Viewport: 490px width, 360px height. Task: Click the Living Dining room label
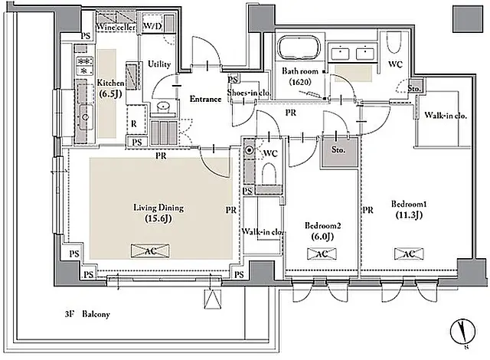pos(158,213)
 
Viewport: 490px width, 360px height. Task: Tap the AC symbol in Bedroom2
pos(322,254)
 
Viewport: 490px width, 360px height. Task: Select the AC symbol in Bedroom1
pos(409,254)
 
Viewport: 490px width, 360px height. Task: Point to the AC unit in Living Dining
pos(150,251)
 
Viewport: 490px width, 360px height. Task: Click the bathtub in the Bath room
pos(299,47)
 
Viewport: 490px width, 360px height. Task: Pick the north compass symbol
pos(462,331)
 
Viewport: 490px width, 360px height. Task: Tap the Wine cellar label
pos(116,27)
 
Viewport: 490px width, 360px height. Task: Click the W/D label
pos(152,26)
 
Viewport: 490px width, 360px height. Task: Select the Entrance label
pos(205,99)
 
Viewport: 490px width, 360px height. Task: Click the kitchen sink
pos(85,117)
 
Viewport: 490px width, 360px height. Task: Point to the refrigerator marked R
pos(137,120)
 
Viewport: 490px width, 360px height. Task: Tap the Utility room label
pos(159,64)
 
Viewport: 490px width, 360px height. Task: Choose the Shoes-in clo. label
pos(248,93)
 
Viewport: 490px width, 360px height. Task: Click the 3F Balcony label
pos(87,314)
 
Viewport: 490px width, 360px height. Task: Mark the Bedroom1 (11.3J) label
pos(409,209)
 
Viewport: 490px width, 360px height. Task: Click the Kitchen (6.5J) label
pos(110,88)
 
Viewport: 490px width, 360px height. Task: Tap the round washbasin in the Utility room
pos(163,107)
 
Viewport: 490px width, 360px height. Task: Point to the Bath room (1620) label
pos(299,77)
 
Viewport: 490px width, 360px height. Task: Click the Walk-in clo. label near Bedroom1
pos(446,116)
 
